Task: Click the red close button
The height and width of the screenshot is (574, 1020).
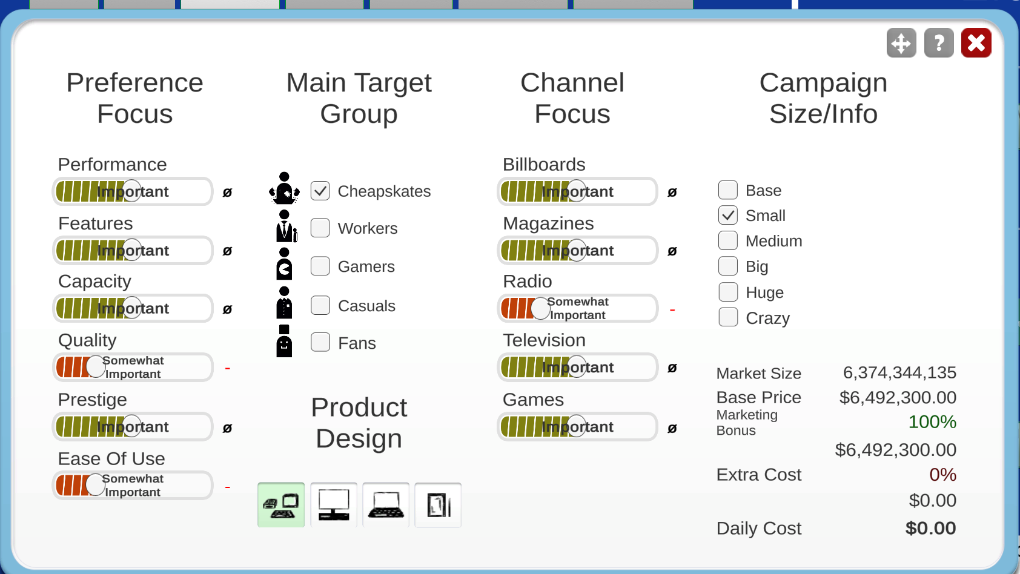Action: coord(976,43)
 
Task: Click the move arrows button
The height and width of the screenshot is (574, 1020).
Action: coord(901,43)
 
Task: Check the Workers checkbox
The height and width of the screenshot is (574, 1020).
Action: coord(320,228)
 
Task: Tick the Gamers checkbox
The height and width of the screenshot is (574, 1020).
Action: coord(320,266)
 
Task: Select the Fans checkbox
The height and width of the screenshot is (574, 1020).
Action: coord(320,342)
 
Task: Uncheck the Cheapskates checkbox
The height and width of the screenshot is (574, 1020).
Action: coord(320,191)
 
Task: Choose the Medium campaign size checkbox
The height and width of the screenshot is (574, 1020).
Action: coord(727,240)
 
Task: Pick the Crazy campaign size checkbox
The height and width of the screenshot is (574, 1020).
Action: coord(727,317)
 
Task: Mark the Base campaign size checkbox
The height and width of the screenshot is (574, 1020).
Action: coord(727,190)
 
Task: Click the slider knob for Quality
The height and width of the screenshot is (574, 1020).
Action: coord(96,367)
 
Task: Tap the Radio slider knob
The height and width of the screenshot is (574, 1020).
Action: coord(540,309)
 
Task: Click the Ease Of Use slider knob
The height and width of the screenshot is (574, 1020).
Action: coord(96,485)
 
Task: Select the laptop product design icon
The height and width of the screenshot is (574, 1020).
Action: coord(386,505)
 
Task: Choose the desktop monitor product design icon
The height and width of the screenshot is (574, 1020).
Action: coord(334,505)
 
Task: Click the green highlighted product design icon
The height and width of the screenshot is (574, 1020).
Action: coord(281,505)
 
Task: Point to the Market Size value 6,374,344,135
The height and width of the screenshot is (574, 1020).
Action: coord(899,373)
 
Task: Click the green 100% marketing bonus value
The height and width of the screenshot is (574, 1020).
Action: coord(932,422)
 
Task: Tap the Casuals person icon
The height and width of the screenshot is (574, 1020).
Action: coord(284,302)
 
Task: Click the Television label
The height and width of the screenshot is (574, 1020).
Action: coord(544,340)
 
